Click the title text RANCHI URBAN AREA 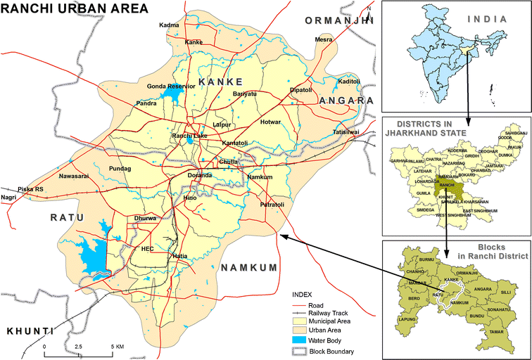(75, 9)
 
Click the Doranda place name (200, 175)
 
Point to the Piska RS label (30, 189)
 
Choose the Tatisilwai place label (346, 131)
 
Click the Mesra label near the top (324, 39)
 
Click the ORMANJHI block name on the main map (337, 22)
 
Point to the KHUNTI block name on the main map (30, 330)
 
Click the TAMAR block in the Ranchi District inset (496, 330)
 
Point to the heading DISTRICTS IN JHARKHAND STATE (424, 127)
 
